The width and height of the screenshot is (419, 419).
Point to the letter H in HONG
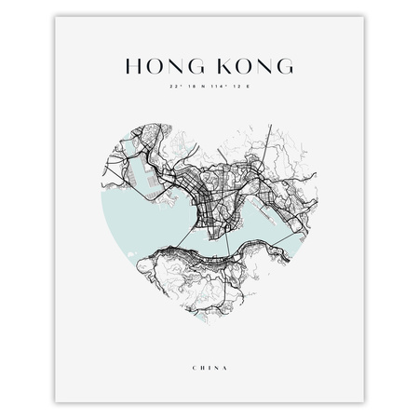[x=133, y=66]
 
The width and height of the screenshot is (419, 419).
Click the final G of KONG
[x=284, y=66]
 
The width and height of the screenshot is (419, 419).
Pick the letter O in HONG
[x=153, y=66]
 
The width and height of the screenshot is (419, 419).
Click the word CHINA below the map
[x=209, y=367]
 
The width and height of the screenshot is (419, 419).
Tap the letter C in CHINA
[x=192, y=367]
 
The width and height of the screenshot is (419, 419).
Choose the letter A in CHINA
[x=227, y=367]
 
